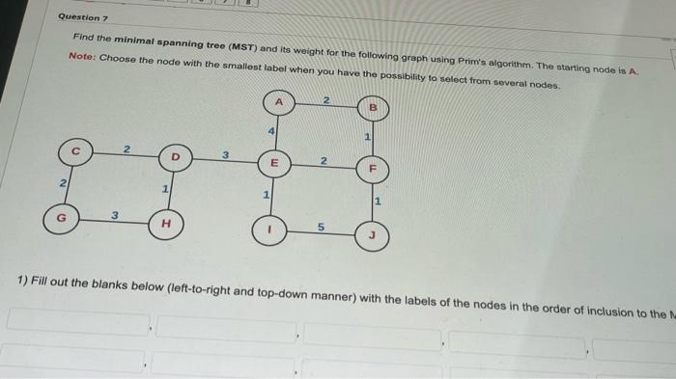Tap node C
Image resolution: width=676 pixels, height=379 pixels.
pos(73,152)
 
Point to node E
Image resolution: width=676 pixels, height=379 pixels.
pos(274,164)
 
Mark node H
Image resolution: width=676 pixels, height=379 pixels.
pos(166,225)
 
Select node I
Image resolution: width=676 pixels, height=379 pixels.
pos(270,230)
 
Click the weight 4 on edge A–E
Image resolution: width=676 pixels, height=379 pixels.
pos(271,130)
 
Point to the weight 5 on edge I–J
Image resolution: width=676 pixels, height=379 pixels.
pos(322,229)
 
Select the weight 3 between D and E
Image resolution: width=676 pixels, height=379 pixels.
pos(225,154)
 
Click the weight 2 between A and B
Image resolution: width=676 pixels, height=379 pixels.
pos(326,101)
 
